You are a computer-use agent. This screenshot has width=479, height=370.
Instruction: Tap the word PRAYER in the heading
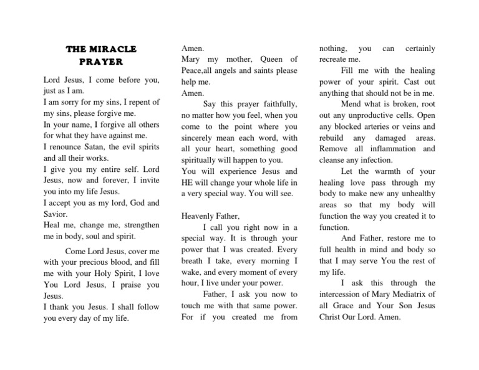tap(102, 62)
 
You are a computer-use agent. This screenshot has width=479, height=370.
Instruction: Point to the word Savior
tap(56, 214)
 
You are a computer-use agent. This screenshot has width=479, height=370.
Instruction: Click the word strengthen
tap(138, 225)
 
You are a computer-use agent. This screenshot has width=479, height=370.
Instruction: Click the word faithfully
tap(277, 104)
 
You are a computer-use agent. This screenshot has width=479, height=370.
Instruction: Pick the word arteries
tap(374, 126)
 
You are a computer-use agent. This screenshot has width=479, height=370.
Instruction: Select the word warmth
tap(394, 171)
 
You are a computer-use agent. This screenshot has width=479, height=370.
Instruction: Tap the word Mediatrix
tap(415, 295)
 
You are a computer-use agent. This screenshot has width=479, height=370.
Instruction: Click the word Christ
tap(332, 317)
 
